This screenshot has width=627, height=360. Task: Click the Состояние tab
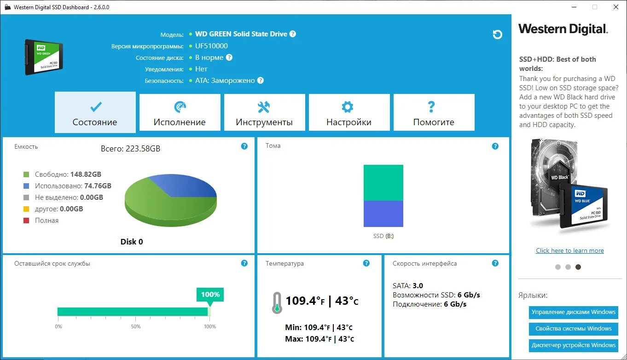click(95, 113)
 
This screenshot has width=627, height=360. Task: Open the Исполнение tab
click(180, 113)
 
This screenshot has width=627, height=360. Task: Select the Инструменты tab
click(264, 113)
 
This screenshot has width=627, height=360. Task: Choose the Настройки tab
click(349, 113)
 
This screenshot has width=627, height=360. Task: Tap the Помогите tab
click(434, 113)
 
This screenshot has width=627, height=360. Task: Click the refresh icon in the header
click(497, 35)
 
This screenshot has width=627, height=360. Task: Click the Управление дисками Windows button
click(573, 312)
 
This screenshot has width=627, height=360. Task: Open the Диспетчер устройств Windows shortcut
click(573, 345)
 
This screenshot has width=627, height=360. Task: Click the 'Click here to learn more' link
click(569, 250)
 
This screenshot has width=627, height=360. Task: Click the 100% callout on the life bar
click(210, 295)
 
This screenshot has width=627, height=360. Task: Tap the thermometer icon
click(277, 302)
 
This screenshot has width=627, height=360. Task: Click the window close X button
click(616, 7)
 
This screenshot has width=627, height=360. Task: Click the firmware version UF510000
click(211, 46)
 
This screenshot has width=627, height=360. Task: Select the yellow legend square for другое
click(26, 209)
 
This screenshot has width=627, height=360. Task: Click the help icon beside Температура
click(366, 263)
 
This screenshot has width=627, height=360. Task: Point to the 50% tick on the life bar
click(136, 326)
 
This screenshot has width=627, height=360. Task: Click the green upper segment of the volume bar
click(383, 182)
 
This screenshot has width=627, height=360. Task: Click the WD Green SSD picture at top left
click(44, 57)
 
